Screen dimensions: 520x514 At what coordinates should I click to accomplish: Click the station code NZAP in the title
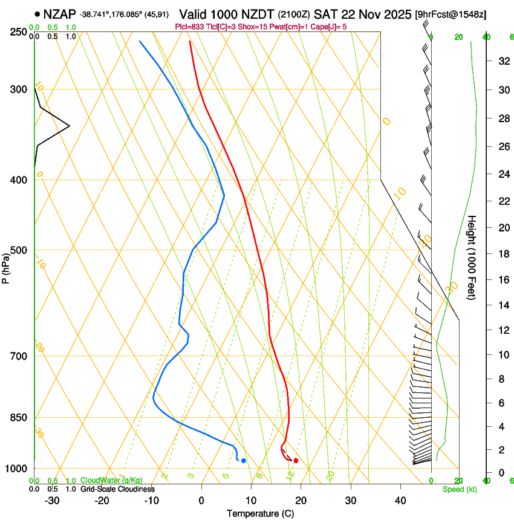(59, 13)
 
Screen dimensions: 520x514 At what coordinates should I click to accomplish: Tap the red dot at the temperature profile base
(296, 461)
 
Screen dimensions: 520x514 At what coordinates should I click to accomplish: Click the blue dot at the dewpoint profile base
(244, 461)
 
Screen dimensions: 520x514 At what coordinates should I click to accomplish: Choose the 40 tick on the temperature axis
(400, 500)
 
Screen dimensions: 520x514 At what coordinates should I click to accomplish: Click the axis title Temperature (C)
(260, 513)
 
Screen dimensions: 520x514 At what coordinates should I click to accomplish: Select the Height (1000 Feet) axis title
(472, 257)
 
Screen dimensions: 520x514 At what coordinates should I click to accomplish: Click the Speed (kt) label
(459, 489)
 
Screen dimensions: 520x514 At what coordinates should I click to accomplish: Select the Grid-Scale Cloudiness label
(117, 489)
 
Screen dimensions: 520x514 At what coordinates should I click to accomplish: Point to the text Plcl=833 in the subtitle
(189, 27)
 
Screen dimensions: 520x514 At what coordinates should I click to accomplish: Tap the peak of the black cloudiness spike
(69, 126)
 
